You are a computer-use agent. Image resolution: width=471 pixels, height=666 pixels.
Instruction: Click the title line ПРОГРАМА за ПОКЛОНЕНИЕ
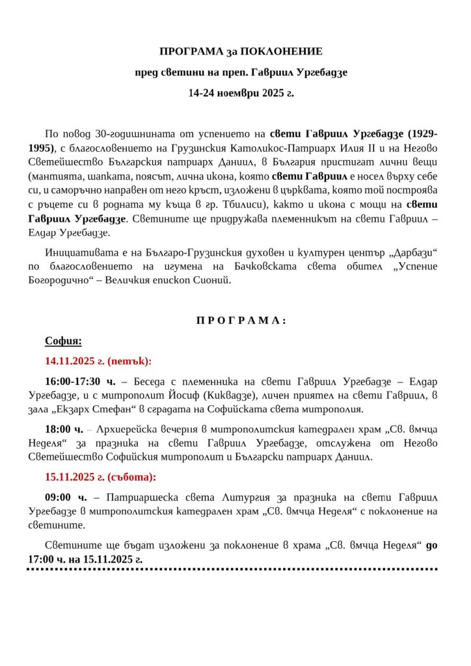pyautogui.click(x=241, y=51)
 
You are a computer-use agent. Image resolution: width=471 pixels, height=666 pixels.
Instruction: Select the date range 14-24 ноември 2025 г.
pyautogui.click(x=241, y=93)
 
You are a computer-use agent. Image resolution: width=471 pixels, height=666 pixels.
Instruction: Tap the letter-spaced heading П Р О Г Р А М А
pyautogui.click(x=241, y=320)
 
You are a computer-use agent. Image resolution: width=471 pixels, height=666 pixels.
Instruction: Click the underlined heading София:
pyautogui.click(x=63, y=341)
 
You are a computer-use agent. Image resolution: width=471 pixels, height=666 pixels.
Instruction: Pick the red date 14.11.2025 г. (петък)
pyautogui.click(x=98, y=361)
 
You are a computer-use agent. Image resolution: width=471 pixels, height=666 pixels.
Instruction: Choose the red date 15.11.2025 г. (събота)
pyautogui.click(x=100, y=477)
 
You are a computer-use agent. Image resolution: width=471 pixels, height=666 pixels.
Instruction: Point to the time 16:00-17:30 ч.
pyautogui.click(x=80, y=381)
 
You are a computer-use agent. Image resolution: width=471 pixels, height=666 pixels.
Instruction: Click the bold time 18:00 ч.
pyautogui.click(x=63, y=429)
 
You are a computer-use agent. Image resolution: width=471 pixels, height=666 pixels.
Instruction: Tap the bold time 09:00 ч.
pyautogui.click(x=66, y=498)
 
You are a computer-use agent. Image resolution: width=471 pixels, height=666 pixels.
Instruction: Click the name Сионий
pyautogui.click(x=212, y=280)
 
